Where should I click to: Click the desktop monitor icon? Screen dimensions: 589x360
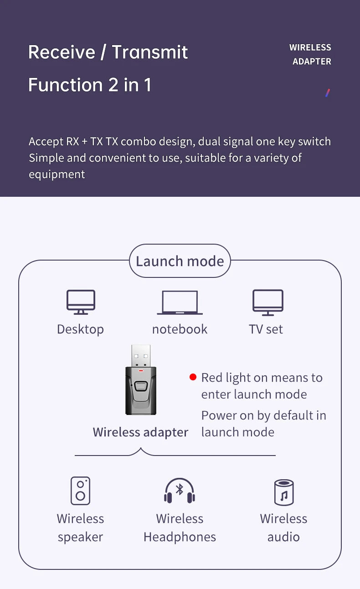tap(81, 302)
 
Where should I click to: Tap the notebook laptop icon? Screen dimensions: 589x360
tap(180, 302)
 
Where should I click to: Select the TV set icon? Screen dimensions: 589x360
tap(268, 302)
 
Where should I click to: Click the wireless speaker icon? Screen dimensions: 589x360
tap(80, 491)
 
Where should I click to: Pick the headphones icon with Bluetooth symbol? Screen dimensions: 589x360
tap(180, 491)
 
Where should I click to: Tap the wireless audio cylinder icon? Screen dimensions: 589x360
tap(283, 492)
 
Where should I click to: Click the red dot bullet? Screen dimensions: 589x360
tap(193, 377)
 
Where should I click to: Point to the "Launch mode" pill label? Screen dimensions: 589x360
tap(180, 261)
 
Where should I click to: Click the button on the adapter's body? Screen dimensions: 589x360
tap(141, 387)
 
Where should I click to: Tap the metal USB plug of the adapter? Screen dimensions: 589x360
tap(141, 356)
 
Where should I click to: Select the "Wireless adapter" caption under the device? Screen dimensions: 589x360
tap(140, 432)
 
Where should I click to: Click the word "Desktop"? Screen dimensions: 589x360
tap(80, 329)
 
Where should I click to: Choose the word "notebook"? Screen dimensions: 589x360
tap(180, 329)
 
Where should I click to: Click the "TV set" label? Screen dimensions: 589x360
tap(266, 329)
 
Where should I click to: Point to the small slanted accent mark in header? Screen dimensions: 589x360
tap(327, 93)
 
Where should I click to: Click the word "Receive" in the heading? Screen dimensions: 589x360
tap(62, 52)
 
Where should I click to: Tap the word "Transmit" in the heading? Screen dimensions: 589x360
tap(150, 52)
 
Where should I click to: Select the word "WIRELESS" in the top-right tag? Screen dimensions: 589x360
tap(310, 47)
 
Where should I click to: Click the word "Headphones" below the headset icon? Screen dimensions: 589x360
tap(180, 537)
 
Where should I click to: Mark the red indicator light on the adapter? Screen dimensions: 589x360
tap(141, 371)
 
